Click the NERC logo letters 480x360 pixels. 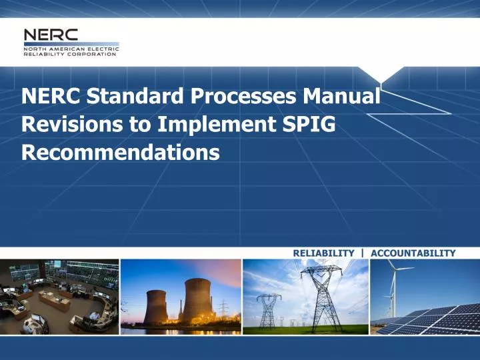[x=51, y=35]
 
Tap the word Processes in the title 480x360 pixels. [x=243, y=97]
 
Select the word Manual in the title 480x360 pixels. [x=342, y=97]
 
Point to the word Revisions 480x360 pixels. [x=64, y=125]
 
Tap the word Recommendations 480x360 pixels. [x=120, y=153]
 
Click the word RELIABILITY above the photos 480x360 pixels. [x=323, y=253]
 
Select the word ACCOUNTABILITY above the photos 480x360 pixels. [x=413, y=253]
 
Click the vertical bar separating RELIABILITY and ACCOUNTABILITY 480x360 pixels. [x=362, y=253]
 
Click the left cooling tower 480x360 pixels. [x=156, y=307]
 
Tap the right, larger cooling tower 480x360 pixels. [x=198, y=300]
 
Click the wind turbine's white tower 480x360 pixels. [x=393, y=293]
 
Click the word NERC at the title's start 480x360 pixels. [x=51, y=97]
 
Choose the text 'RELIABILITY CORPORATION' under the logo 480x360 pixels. [x=71, y=54]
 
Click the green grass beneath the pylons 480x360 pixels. [x=307, y=329]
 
